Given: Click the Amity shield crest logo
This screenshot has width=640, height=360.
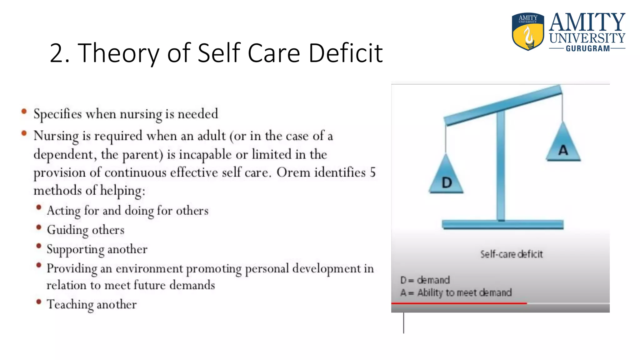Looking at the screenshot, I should [x=527, y=31].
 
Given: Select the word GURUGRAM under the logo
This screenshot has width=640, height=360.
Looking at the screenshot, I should [x=587, y=49].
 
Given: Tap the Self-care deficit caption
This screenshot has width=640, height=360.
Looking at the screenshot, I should [x=511, y=254].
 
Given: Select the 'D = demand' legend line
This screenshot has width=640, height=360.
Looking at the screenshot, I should [x=425, y=280].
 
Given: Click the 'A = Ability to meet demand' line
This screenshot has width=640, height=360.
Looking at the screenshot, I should [x=456, y=292].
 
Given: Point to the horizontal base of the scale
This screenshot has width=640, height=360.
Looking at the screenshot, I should [x=502, y=225].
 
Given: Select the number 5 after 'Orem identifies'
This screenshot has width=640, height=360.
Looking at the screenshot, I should [x=372, y=172].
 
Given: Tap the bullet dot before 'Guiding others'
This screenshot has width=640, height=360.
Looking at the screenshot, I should [x=39, y=227].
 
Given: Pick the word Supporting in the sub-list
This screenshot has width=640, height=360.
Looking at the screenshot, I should [x=75, y=250].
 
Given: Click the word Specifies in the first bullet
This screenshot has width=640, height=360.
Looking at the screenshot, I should [x=57, y=114].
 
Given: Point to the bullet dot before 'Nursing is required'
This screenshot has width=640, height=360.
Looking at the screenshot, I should [x=24, y=133].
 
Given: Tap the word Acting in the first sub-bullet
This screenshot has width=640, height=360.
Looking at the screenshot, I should [x=64, y=211].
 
